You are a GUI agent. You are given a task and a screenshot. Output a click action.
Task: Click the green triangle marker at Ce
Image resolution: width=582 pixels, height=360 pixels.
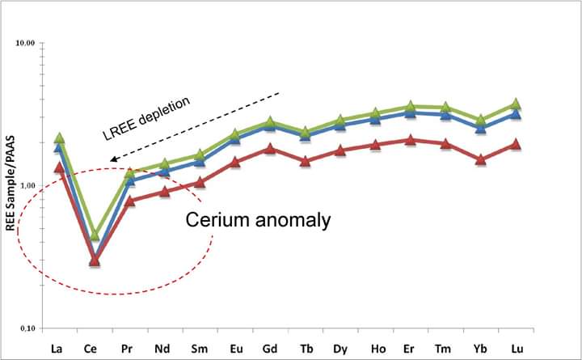[95, 235]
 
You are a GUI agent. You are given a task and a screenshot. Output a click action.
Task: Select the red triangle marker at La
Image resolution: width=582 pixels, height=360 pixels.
[59, 167]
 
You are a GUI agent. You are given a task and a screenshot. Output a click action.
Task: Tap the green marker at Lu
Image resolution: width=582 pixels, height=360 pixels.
[515, 104]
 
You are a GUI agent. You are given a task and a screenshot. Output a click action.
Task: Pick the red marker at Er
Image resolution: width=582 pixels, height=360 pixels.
[410, 140]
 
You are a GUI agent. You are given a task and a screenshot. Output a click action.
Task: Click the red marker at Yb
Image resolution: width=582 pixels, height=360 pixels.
[481, 159]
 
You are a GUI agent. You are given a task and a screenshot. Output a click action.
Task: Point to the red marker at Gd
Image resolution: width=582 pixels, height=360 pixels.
[270, 149]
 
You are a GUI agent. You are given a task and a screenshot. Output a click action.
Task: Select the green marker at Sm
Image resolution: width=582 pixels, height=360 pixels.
[200, 155]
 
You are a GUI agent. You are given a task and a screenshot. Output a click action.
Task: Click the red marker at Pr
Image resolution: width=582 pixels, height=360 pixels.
[129, 201]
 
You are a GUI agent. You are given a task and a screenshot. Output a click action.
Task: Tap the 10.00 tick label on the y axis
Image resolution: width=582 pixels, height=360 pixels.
[25, 43]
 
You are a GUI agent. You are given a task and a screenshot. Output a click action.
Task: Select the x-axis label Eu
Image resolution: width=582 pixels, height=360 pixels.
[236, 349]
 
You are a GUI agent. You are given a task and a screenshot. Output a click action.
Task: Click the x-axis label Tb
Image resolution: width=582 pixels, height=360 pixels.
[306, 349]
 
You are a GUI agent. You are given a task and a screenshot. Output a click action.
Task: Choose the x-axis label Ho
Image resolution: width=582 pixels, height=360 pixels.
[378, 349]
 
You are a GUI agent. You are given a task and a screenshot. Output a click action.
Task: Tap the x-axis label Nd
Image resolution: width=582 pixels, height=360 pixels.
[162, 349]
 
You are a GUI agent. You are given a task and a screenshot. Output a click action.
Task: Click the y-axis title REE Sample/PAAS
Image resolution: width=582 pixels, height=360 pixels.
[11, 183]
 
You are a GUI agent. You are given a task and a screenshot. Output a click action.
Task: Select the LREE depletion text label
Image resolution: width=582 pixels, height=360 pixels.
[146, 118]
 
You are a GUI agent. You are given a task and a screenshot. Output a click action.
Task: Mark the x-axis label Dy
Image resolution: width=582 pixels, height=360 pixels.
[340, 349]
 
